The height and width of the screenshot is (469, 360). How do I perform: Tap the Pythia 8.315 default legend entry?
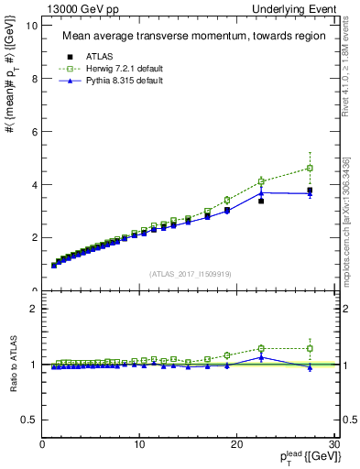(115, 82)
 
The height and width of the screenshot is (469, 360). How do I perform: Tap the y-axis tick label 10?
(31, 26)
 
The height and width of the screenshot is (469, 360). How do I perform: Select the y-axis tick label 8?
(33, 79)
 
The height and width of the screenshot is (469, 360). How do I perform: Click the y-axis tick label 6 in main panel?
(33, 132)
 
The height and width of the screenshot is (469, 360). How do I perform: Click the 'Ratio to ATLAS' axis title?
(14, 365)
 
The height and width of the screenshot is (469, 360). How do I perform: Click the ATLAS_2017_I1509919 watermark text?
(190, 273)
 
